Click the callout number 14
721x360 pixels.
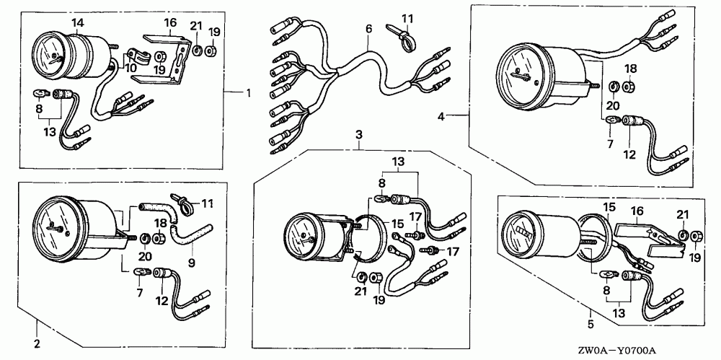click(x=76, y=24)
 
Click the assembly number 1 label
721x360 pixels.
click(x=249, y=94)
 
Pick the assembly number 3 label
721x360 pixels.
click(x=358, y=135)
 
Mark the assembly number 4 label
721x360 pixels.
click(x=441, y=115)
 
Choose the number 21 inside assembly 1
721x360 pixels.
click(x=195, y=27)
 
